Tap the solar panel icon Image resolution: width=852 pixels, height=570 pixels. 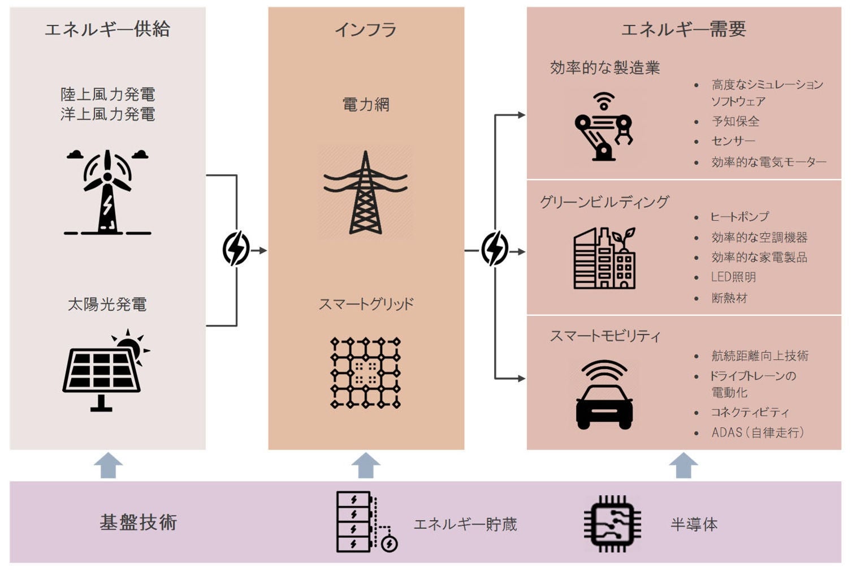[105, 371]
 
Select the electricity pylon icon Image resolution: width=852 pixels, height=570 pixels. [366, 192]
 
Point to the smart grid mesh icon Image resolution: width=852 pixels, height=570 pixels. [366, 373]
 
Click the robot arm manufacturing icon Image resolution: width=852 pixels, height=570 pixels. [603, 128]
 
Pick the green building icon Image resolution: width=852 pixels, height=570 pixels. [604, 258]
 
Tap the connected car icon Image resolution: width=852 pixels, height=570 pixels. [604, 395]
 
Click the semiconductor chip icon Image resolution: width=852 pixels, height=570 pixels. [612, 524]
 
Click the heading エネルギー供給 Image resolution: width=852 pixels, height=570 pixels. [107, 29]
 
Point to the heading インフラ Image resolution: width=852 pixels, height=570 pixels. [366, 29]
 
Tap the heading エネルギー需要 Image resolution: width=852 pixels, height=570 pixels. [684, 29]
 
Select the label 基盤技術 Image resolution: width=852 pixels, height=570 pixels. [139, 522]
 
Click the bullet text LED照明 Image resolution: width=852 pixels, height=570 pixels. [733, 277]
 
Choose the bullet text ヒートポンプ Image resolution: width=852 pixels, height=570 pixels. [740, 217]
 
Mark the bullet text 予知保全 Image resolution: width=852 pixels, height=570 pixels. [736, 121]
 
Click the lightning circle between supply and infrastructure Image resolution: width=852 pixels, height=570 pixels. [236, 249]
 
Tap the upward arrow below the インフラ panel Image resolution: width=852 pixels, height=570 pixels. [366, 465]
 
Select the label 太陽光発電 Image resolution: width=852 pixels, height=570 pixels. [107, 305]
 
